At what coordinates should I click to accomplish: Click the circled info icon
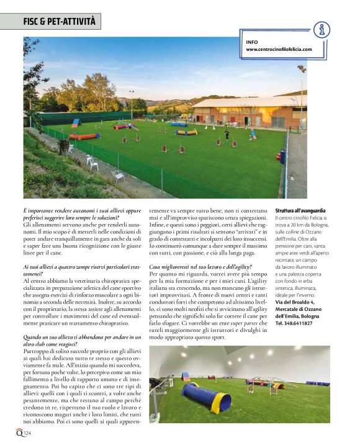[321, 30]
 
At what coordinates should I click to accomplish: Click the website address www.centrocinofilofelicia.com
[279, 49]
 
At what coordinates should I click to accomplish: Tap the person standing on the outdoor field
[227, 134]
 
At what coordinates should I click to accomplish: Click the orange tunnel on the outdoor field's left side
[84, 137]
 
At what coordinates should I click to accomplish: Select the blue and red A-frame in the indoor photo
[186, 377]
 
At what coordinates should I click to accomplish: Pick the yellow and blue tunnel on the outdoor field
[186, 132]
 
